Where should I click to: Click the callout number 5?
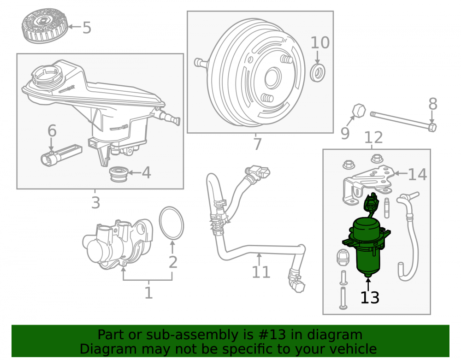(x=87, y=28)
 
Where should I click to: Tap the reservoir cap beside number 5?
(x=45, y=25)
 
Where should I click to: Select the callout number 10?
(x=320, y=43)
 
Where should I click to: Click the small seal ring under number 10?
(x=318, y=72)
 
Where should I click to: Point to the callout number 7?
(x=258, y=144)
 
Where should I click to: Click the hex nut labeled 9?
(x=359, y=111)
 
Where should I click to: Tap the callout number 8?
(x=433, y=104)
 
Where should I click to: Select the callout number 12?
(x=374, y=137)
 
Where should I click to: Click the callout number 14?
(x=418, y=174)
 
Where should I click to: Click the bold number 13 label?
(x=370, y=297)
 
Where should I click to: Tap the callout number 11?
(x=261, y=272)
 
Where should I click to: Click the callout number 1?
(x=149, y=293)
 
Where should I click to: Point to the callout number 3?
(x=96, y=203)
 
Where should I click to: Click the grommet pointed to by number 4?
(x=118, y=174)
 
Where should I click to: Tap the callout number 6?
(x=52, y=131)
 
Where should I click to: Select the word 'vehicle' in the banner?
(x=354, y=349)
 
